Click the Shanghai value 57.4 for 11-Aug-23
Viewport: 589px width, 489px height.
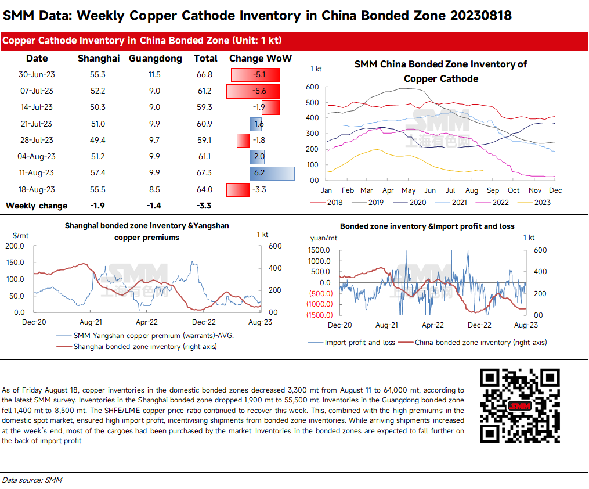click(99, 173)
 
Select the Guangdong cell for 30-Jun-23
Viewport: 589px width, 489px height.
click(154, 75)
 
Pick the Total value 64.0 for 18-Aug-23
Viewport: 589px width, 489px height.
click(205, 189)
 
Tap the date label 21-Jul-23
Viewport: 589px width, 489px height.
click(36, 124)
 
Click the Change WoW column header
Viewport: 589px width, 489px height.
click(261, 59)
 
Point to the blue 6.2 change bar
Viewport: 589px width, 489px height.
click(272, 173)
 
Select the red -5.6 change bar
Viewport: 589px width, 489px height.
click(254, 91)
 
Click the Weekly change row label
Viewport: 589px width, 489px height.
click(37, 206)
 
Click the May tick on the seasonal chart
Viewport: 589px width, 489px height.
click(409, 190)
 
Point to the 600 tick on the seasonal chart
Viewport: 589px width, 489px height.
click(312, 87)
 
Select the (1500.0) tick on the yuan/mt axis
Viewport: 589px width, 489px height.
click(319, 315)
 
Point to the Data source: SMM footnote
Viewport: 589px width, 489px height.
click(32, 480)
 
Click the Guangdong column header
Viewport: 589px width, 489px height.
click(155, 59)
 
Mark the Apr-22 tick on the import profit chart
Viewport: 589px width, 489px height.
click(433, 326)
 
